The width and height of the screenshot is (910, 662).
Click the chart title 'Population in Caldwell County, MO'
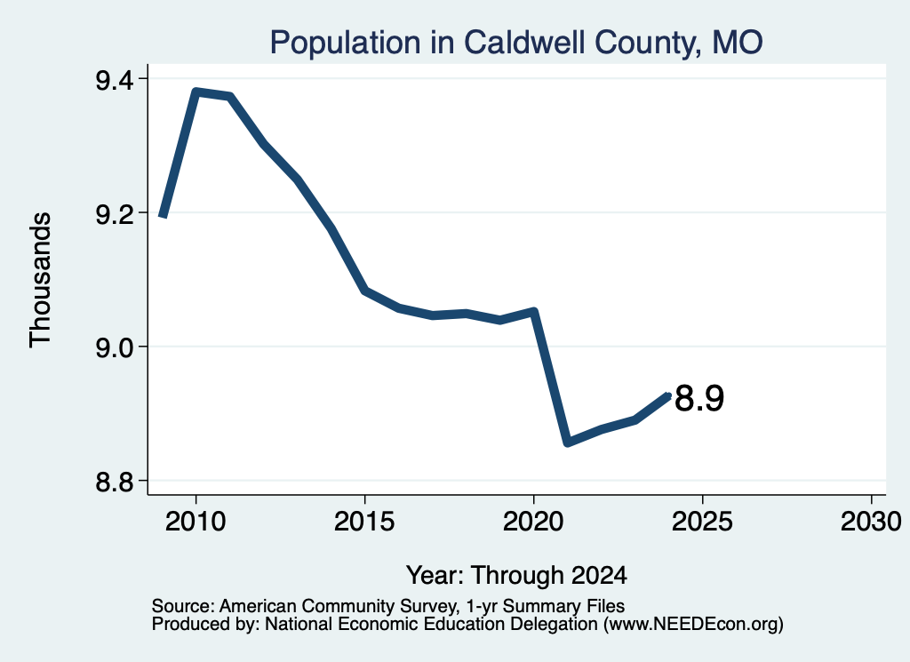pyautogui.click(x=516, y=43)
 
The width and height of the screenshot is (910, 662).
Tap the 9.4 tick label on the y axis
pyautogui.click(x=115, y=80)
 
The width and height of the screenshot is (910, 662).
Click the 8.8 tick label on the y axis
pyautogui.click(x=115, y=483)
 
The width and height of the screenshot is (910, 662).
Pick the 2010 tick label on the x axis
pyautogui.click(x=196, y=522)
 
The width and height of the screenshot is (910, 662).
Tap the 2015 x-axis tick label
pyautogui.click(x=364, y=522)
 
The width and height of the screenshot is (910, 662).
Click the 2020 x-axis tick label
pyautogui.click(x=533, y=522)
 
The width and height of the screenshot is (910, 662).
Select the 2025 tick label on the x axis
pyautogui.click(x=702, y=522)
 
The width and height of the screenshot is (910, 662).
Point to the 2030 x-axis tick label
pyautogui.click(x=871, y=522)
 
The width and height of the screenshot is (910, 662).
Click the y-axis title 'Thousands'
pyautogui.click(x=40, y=280)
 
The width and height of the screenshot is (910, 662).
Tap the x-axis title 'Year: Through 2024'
pyautogui.click(x=516, y=576)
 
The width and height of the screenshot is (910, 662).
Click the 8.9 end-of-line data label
pyautogui.click(x=699, y=399)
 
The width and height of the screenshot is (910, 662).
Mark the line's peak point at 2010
pyautogui.click(x=196, y=92)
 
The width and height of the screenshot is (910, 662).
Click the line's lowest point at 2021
pyautogui.click(x=568, y=443)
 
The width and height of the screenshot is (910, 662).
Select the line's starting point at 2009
pyautogui.click(x=164, y=217)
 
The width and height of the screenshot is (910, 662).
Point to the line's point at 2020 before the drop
pyautogui.click(x=534, y=312)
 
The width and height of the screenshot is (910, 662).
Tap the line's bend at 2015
pyautogui.click(x=364, y=291)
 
